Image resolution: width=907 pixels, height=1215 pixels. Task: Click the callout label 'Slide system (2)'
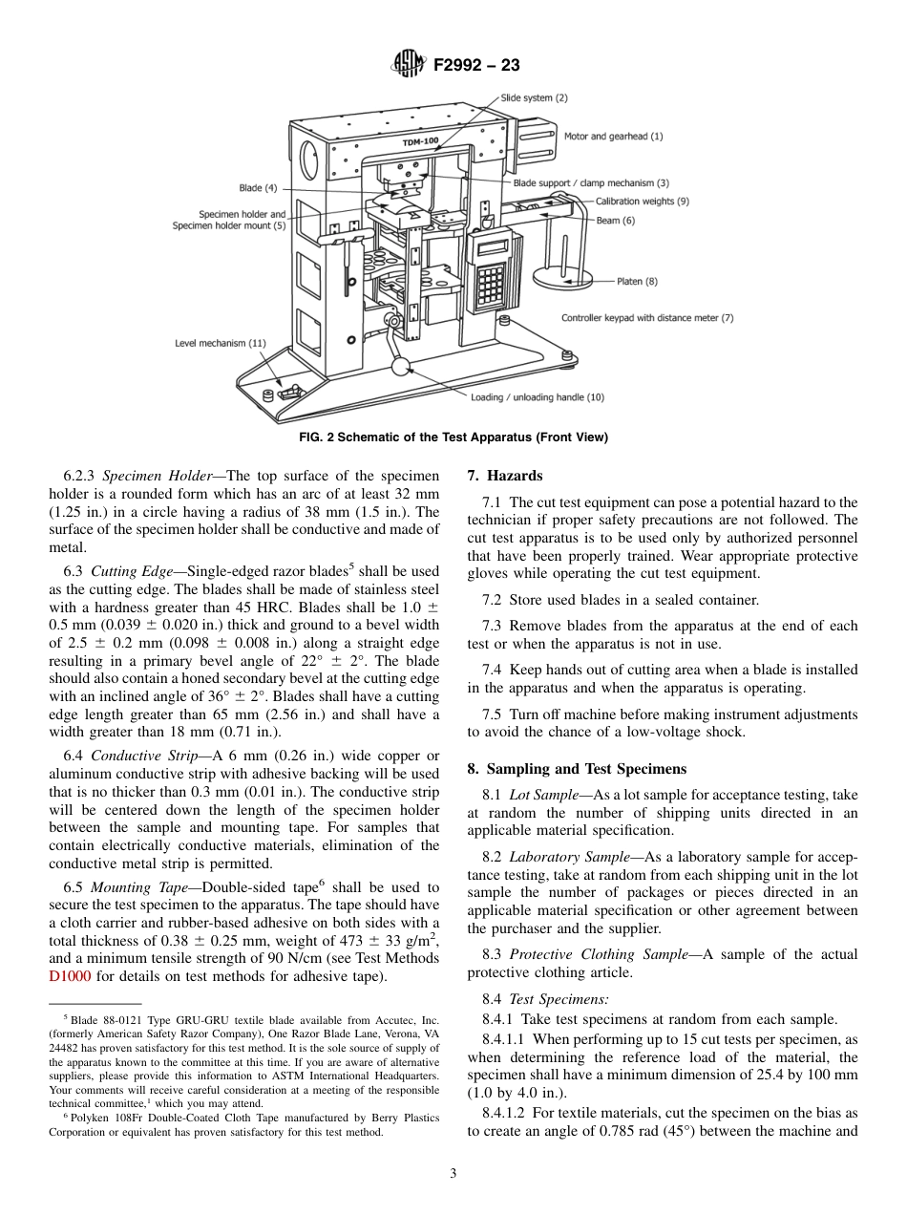click(x=534, y=97)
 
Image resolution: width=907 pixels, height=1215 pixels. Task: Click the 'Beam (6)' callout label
click(x=615, y=221)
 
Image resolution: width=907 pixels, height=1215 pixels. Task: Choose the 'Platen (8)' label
click(x=637, y=282)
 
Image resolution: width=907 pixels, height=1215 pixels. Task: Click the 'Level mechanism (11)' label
click(x=221, y=342)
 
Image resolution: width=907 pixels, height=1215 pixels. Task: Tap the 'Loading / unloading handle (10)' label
click(x=537, y=396)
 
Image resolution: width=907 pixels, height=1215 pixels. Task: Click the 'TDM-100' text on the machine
click(x=420, y=142)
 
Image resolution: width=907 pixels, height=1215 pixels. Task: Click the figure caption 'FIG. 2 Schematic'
click(x=453, y=437)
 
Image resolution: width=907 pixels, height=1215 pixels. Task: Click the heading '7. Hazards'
click(x=504, y=476)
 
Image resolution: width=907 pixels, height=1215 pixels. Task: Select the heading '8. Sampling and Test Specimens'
click(x=577, y=769)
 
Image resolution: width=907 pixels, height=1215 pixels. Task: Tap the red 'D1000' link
click(x=70, y=976)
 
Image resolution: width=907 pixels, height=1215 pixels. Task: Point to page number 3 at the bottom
click(x=453, y=1174)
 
